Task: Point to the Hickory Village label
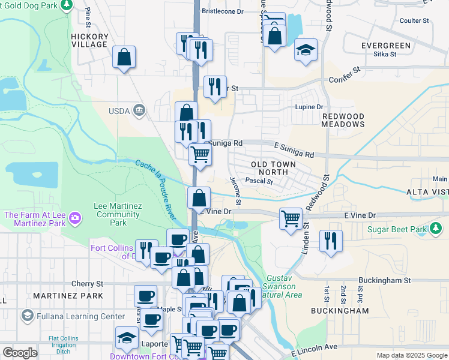point(89,40)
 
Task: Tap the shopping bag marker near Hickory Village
point(124,58)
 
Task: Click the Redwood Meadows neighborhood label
point(343,120)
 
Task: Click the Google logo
point(20,353)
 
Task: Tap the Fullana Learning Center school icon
point(27,316)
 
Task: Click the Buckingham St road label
point(384,280)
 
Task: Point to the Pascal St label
point(259,181)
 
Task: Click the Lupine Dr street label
point(309,107)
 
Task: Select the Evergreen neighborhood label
point(386,46)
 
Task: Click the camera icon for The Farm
point(75,217)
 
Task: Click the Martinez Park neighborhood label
point(60,296)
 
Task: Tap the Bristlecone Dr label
point(222,11)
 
